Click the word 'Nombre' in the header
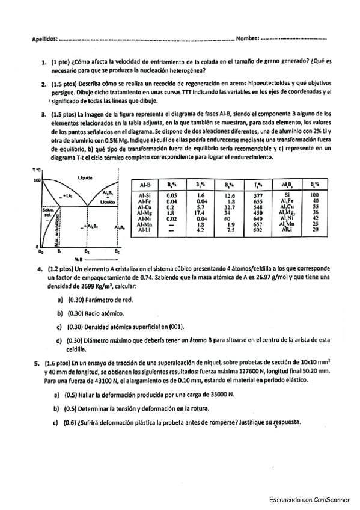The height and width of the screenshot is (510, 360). click(246, 39)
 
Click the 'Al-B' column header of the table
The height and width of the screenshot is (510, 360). click(145, 184)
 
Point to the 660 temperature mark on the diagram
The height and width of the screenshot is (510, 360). click(35, 180)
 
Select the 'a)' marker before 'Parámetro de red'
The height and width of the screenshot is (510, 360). click(59, 300)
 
